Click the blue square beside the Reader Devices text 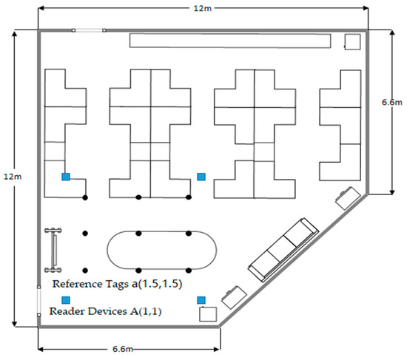click(66, 299)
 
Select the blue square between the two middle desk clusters click(201, 177)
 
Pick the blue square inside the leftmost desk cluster click(66, 177)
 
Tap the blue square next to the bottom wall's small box click(201, 299)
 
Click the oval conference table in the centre click(163, 251)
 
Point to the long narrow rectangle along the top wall click(229, 41)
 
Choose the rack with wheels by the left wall click(53, 248)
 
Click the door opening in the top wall click(89, 30)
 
